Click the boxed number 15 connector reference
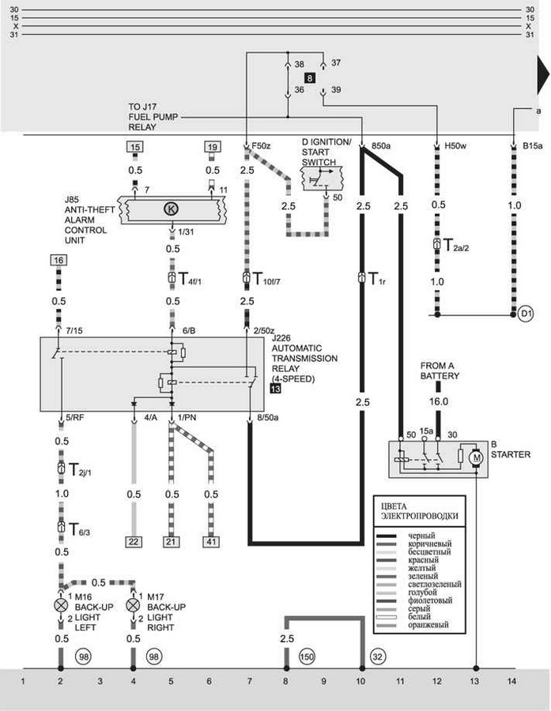point(135,147)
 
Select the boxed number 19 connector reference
point(213,147)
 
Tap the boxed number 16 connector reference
point(58,260)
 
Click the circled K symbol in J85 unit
point(172,209)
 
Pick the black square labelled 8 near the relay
point(310,77)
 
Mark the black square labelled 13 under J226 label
point(275,389)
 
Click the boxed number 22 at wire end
point(133,541)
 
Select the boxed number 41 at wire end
point(211,541)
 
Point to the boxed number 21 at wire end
point(172,541)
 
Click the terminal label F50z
point(260,147)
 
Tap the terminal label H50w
point(455,147)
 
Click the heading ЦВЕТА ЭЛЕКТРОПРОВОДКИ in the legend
point(419,510)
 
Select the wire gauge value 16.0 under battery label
point(439,401)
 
